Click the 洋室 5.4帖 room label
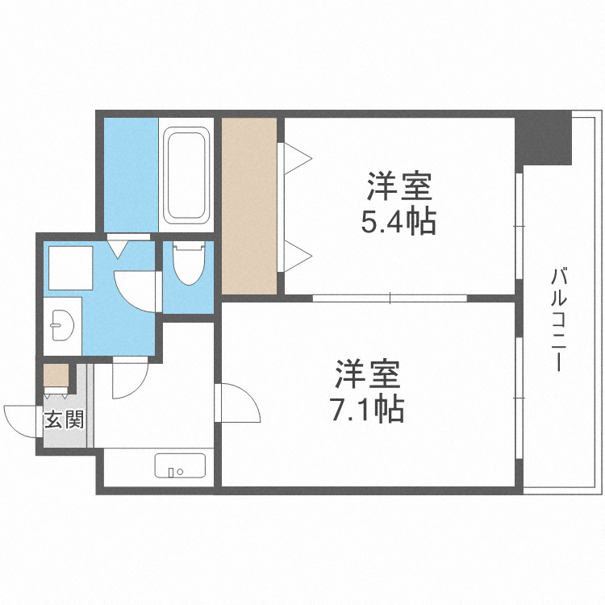tap(399, 203)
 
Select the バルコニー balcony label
tap(557, 319)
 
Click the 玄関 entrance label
tap(63, 419)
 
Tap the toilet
tap(188, 264)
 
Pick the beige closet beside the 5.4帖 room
tap(249, 206)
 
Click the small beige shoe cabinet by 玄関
tap(56, 376)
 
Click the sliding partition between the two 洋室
tap(390, 298)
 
